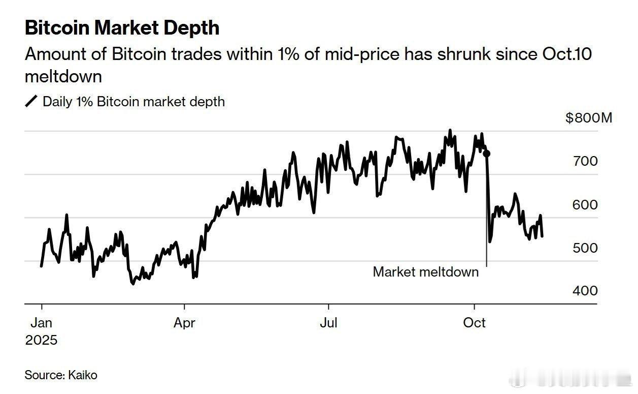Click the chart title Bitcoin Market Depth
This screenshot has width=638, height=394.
pos(122,27)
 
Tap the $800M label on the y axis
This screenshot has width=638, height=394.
pos(589,118)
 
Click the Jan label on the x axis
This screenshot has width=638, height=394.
pos(41,322)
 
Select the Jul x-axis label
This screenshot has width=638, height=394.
pos(328,322)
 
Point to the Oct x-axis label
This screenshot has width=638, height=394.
pos(474,322)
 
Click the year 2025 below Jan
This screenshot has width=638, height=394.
pos(41,340)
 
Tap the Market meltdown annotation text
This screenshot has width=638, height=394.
pos(425,272)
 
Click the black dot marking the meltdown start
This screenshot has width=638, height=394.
pos(487,154)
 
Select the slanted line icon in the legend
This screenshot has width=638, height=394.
pos(31,102)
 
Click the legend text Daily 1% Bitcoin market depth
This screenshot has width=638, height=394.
pos(133,102)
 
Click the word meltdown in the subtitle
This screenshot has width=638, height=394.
pos(63,76)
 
